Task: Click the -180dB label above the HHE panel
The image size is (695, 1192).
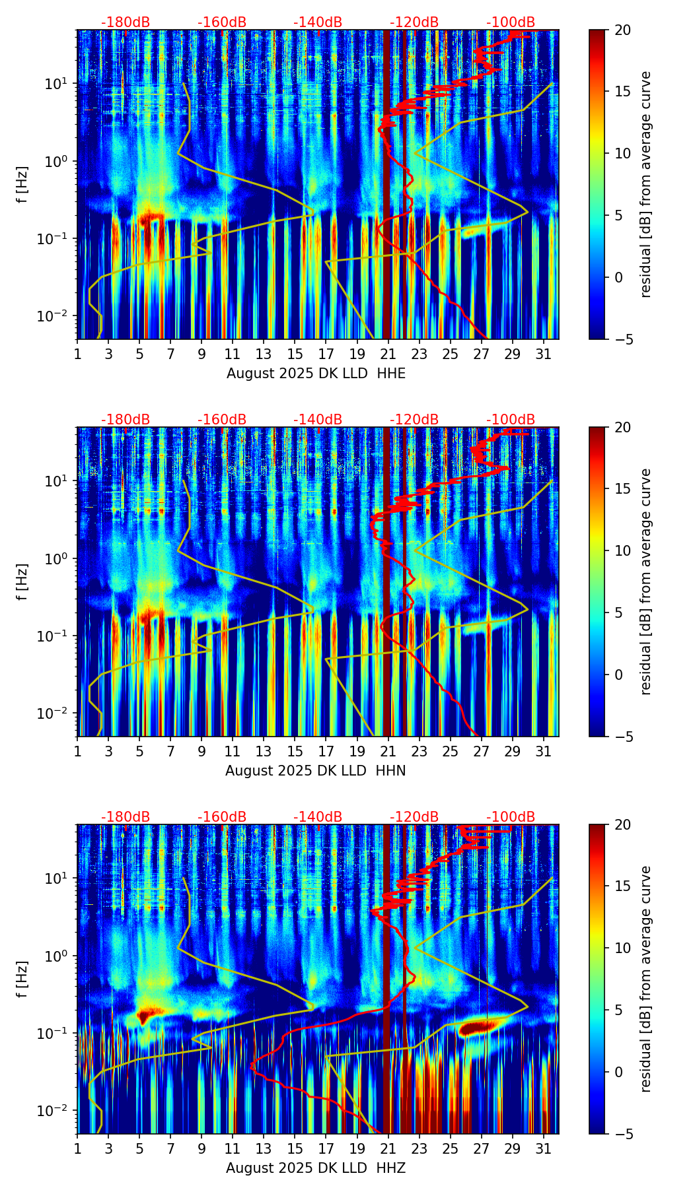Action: point(126,22)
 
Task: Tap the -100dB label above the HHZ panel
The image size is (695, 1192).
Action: point(511,817)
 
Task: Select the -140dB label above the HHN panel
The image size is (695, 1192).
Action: point(318,420)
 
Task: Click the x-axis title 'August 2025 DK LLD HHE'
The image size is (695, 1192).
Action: point(316,374)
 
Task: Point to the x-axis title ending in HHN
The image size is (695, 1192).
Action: point(315,771)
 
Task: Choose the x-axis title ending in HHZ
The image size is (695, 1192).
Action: point(315,1168)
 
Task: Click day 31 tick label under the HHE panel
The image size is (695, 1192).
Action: point(543,354)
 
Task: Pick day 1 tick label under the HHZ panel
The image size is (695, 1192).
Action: point(77,1148)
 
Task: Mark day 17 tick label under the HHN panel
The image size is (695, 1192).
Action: point(326,751)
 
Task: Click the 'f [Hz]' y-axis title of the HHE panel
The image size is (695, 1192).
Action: point(22,184)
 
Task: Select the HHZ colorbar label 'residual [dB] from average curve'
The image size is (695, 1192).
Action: point(646,979)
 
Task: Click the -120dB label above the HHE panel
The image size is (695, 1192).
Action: point(414,22)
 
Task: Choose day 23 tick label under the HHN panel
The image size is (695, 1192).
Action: point(419,751)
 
